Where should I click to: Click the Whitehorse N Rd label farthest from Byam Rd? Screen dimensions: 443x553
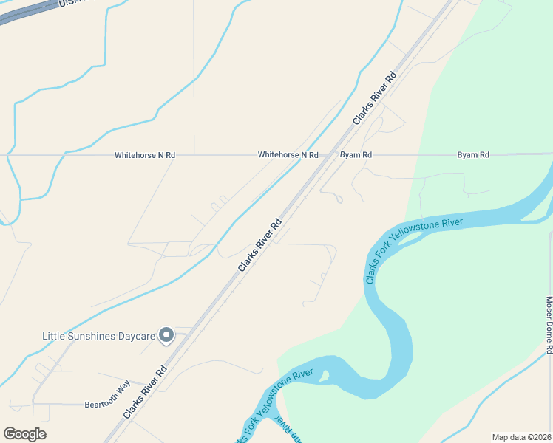145,156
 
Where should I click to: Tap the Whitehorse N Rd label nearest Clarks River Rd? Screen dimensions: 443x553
288,155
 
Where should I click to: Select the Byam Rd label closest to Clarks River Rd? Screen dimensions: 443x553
356,155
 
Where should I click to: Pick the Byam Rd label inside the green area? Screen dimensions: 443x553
473,155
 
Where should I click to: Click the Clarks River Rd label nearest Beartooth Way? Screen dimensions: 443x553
145,392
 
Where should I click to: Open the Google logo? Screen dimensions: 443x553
24,434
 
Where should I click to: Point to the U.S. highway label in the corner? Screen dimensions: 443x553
70,4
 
